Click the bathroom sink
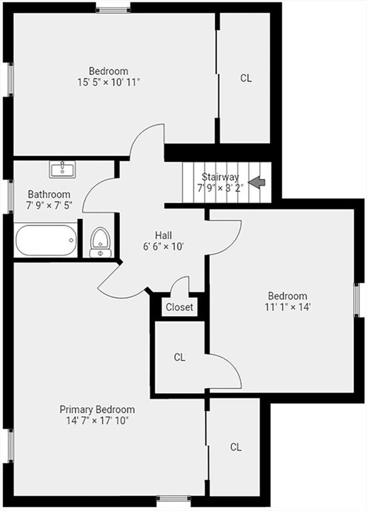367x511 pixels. tap(62, 170)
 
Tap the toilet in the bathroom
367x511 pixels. tap(100, 242)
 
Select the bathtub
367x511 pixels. tap(46, 240)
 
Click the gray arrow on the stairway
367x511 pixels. tap(257, 182)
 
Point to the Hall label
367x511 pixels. tap(163, 235)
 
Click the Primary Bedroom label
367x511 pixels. tap(97, 410)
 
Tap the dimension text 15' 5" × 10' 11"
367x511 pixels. tap(108, 82)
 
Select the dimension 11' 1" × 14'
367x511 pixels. tap(288, 307)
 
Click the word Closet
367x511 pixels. tap(180, 307)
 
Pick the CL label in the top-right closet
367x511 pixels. tap(246, 78)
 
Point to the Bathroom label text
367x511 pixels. tap(49, 194)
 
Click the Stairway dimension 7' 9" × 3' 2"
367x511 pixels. tap(220, 188)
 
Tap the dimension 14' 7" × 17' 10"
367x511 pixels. tap(97, 421)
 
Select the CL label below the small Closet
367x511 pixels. tap(180, 357)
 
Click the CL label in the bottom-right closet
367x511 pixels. tap(236, 447)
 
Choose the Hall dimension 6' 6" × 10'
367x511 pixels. tap(163, 246)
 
